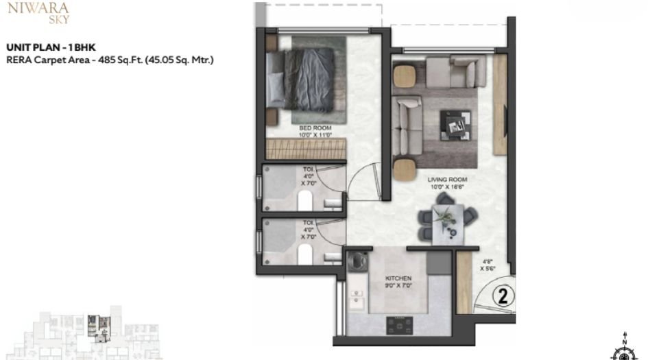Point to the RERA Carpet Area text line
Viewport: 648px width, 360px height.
pos(110,60)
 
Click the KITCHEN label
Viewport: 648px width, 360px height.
pos(398,278)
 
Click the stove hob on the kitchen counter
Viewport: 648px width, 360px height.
pos(398,323)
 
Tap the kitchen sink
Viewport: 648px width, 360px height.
pos(357,300)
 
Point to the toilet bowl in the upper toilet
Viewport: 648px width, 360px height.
pos(306,200)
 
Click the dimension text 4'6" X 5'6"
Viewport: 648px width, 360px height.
pos(488,265)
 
